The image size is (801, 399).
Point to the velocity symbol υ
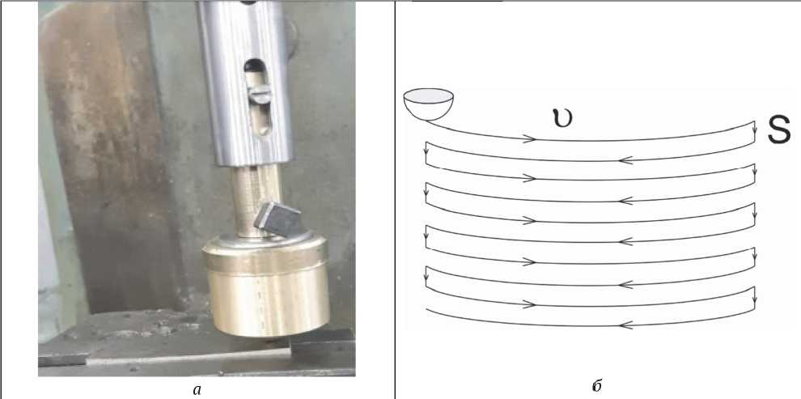click(x=562, y=118)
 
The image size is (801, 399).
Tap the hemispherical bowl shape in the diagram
click(x=428, y=104)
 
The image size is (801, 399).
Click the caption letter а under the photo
click(x=197, y=390)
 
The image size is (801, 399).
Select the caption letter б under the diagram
click(x=596, y=386)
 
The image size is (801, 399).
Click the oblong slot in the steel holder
click(x=258, y=97)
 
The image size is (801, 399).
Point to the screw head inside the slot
click(x=260, y=94)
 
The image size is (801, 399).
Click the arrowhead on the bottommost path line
click(x=625, y=325)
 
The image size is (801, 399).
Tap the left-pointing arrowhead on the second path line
click(x=625, y=160)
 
